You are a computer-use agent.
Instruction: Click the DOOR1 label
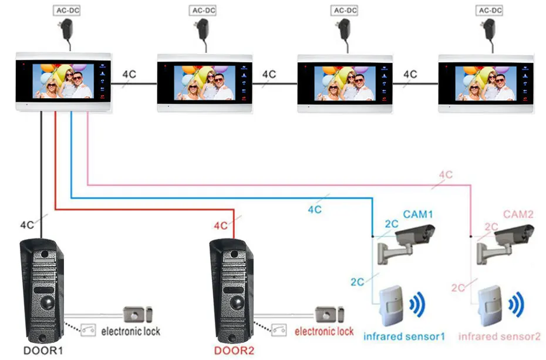(43, 351)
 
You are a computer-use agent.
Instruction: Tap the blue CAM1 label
(417, 214)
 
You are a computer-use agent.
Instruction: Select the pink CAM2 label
(518, 214)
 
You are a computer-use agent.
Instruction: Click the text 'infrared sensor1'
(404, 337)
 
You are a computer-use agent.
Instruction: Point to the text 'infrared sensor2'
(499, 337)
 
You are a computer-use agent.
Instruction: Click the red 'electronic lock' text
(324, 331)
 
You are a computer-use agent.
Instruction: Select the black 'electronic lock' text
(130, 331)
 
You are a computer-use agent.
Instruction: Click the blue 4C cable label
(315, 209)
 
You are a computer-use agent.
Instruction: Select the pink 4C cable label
(446, 174)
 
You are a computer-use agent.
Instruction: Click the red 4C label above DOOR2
(220, 226)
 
